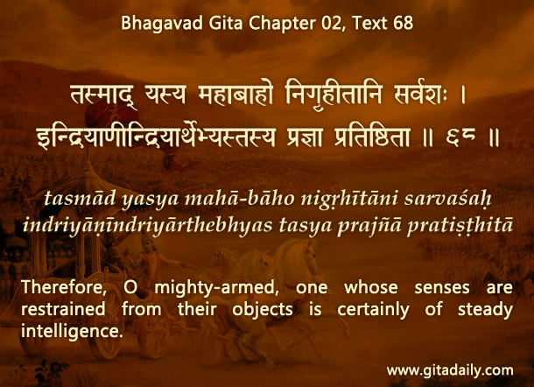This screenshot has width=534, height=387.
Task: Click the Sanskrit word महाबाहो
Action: click(235, 95)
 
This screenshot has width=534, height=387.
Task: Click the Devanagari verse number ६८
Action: click(460, 137)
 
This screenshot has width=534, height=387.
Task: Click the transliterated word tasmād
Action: click(80, 198)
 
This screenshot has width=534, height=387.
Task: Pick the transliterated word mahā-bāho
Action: click(239, 198)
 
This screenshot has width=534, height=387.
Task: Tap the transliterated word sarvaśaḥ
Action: click(448, 199)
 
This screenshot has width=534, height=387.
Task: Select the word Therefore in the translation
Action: click(64, 287)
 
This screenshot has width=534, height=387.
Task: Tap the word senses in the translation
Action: click(442, 288)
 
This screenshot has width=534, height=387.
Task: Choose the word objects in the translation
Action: click(263, 310)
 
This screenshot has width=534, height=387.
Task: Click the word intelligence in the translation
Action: click(72, 331)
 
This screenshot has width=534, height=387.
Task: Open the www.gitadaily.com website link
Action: click(450, 370)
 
